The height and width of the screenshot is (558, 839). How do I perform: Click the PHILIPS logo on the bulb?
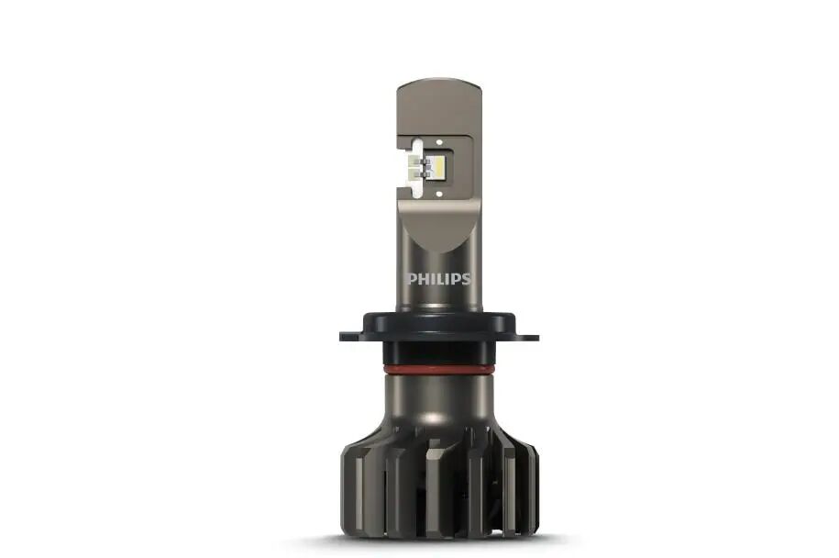tap(439, 278)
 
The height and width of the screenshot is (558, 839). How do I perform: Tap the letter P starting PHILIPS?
tap(413, 278)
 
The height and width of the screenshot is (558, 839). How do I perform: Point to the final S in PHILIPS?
tap(466, 278)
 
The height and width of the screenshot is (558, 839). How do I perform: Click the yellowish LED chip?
tap(438, 166)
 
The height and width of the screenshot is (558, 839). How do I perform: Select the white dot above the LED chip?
tap(439, 142)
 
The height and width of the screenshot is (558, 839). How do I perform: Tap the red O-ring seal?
tap(439, 370)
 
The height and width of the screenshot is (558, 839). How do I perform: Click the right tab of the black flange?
tap(526, 336)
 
